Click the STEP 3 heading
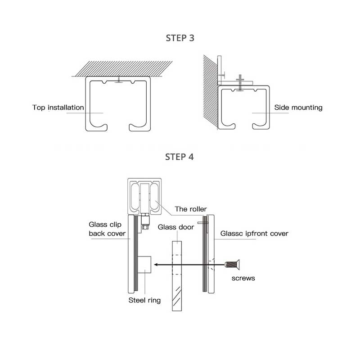(180, 38)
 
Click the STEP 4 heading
(180, 157)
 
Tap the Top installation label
(58, 108)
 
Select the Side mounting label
(298, 108)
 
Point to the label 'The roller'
(190, 209)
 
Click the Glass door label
(176, 227)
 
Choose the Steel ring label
(144, 300)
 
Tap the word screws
(243, 278)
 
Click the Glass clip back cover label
(107, 229)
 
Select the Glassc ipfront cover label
(254, 234)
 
